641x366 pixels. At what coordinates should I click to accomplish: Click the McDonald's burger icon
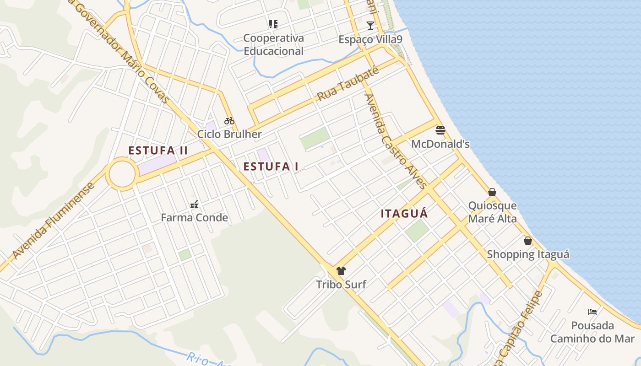440,130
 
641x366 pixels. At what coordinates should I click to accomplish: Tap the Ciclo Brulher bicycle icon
229,121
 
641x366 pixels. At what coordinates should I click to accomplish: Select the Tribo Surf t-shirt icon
341,271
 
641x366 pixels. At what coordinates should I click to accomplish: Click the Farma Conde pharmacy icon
194,204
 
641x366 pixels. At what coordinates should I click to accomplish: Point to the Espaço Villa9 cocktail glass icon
370,26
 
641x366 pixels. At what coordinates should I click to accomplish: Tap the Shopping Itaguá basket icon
528,241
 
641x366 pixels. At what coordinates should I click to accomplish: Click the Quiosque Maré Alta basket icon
492,192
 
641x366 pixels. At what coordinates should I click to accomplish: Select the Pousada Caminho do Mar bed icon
592,312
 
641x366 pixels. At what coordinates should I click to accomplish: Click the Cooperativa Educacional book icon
273,24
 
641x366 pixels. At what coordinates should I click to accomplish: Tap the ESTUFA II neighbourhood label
158,151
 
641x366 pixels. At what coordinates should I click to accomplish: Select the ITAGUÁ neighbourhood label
404,214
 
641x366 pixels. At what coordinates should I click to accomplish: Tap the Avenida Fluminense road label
54,221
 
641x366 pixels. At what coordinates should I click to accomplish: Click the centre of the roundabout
122,174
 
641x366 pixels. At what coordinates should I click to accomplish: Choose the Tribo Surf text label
341,285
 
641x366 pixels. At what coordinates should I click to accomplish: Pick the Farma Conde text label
194,217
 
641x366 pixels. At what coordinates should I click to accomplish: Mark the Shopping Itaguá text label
528,254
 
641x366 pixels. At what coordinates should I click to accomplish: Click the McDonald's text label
440,144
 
